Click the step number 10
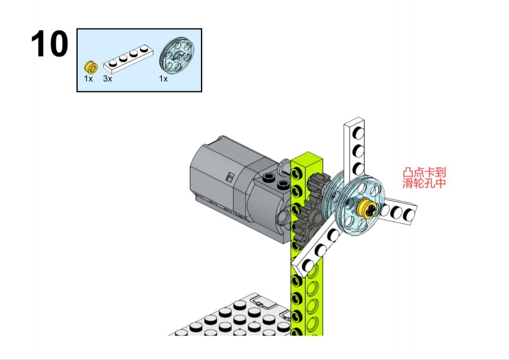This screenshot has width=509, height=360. pos(49,44)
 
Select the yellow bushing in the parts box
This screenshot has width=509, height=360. pos(91,67)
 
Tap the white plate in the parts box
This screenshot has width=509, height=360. pos(128,59)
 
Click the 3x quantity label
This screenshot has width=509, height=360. pos(107,78)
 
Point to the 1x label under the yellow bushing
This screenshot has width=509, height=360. pos(89,78)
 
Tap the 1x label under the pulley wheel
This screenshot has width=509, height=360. pos(163,78)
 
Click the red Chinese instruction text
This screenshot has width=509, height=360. pos(424,178)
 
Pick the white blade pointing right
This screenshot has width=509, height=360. pos(398,211)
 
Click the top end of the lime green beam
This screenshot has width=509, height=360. pos(307,157)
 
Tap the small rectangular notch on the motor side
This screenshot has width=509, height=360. pos(230,177)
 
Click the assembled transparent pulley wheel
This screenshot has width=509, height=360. pos(360,205)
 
